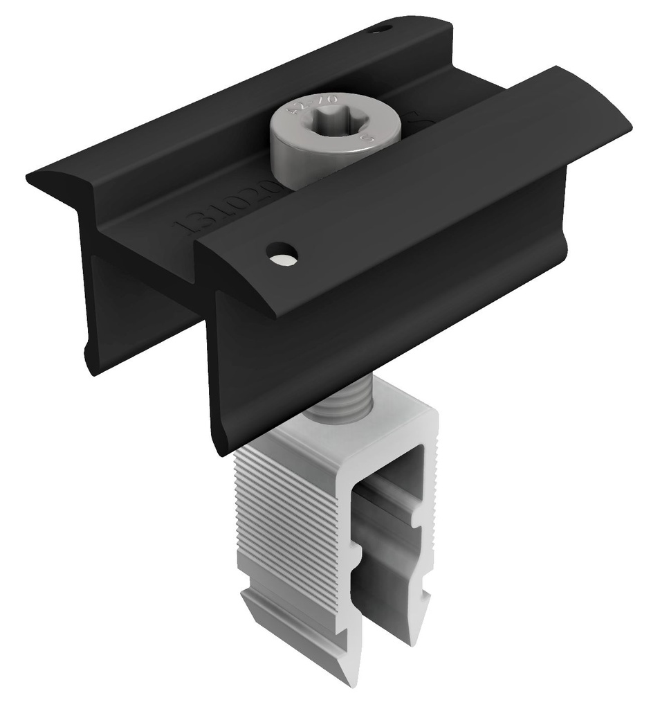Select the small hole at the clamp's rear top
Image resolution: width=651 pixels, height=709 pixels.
pyautogui.click(x=380, y=29)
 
